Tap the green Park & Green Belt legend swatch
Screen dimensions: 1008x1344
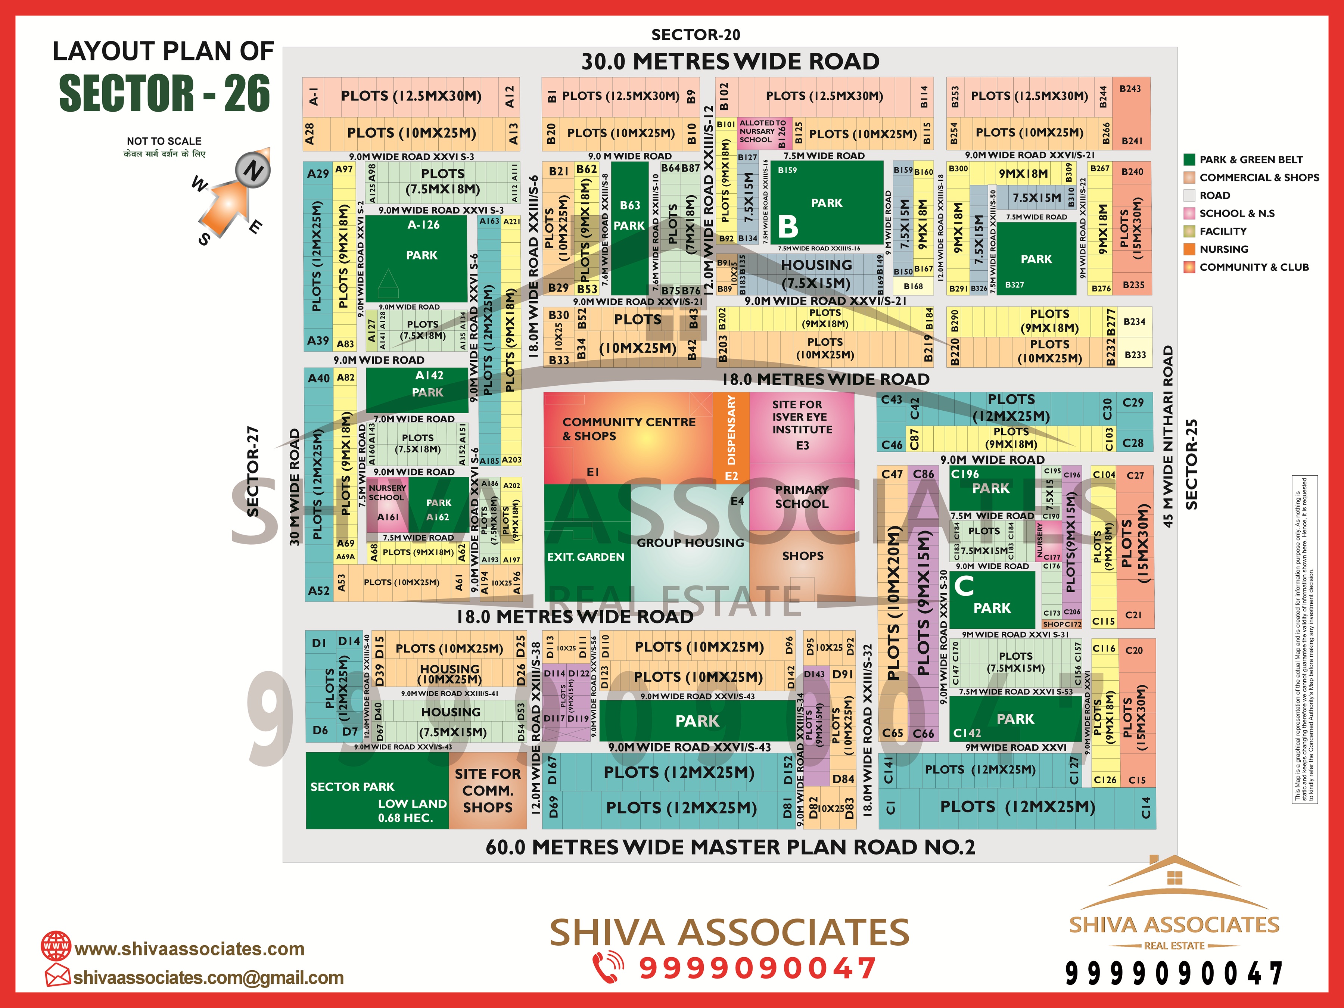pos(1189,160)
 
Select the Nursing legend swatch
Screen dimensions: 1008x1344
pos(1189,249)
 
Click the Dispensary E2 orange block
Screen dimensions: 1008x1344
pos(731,438)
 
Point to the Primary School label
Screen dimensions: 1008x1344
pos(802,497)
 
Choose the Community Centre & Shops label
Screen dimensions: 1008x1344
pos(628,428)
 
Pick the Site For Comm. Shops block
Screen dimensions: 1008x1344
pos(487,790)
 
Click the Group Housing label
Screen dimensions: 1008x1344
pos(690,542)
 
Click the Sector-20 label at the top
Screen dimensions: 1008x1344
pos(695,35)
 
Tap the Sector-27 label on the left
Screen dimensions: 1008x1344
pos(253,471)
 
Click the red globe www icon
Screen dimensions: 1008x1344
pos(56,946)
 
